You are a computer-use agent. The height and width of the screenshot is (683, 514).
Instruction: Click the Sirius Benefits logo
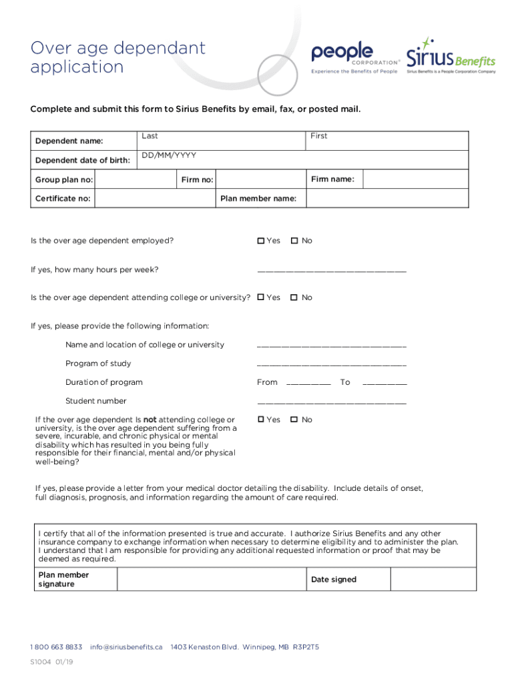coord(451,56)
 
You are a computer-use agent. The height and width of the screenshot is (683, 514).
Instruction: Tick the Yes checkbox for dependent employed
coord(261,241)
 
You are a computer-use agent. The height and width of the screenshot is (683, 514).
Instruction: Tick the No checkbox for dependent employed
coord(294,241)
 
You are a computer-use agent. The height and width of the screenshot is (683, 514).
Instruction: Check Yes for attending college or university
coord(261,297)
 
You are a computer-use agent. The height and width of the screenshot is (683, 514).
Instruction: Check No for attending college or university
coord(294,297)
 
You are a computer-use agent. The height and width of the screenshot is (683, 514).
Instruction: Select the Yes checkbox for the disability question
coord(261,420)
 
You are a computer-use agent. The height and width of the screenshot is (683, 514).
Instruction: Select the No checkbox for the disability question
coord(294,420)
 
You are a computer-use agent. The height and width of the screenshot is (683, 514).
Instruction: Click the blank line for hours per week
coord(331,269)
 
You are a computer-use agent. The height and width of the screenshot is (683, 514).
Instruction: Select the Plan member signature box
coord(212,580)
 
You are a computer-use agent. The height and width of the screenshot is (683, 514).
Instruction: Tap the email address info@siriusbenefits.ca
coord(126,647)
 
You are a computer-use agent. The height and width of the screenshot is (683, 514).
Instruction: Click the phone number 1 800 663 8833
coord(56,647)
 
